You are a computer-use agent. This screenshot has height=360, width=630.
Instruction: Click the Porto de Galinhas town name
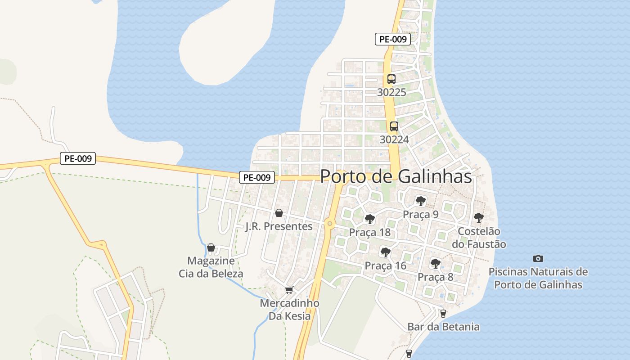pos(396,176)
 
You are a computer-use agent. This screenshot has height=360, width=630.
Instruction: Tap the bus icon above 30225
pos(391,79)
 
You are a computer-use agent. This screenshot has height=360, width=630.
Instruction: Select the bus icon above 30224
pos(394,126)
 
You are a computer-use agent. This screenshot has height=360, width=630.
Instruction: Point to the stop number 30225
pos(391,92)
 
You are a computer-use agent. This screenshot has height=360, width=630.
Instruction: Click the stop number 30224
pos(394,139)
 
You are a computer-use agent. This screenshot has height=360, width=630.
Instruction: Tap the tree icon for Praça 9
pos(420,201)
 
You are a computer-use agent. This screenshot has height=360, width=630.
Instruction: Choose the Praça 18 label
pos(370,233)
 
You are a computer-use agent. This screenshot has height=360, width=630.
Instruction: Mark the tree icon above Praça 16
pos(385,252)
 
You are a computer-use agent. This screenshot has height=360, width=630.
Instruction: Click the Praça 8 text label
pos(436,277)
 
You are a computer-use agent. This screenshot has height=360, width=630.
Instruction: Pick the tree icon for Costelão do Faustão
pos(479,218)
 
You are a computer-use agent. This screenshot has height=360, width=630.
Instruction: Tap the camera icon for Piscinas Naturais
pos(538,258)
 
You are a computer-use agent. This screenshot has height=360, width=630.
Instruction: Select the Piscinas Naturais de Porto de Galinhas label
pos(538,278)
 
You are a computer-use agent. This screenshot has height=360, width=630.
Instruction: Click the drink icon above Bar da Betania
pos(443,313)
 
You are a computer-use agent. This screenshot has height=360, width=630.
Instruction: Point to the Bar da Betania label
pos(443,327)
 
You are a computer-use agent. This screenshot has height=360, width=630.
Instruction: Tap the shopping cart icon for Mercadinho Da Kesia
pos(289,290)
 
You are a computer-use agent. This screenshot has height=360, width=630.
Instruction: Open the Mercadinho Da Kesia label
pos(289,310)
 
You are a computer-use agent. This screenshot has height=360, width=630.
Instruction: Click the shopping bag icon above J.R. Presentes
pos(279,213)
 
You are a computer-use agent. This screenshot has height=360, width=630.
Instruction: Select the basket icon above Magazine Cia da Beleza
pos(211,247)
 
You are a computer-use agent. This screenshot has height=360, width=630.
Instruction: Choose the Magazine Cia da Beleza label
pos(211,267)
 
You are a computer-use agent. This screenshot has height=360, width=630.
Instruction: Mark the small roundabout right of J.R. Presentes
pos(330,223)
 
